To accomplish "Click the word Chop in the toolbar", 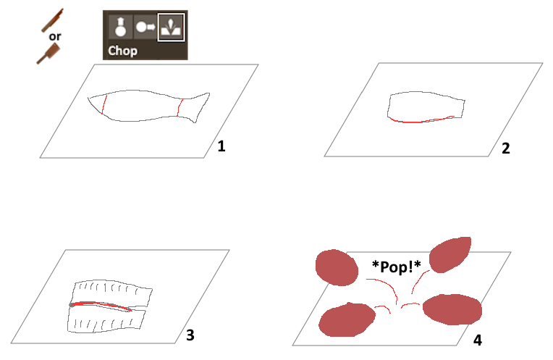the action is (122, 51).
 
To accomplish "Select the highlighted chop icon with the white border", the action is (171, 28).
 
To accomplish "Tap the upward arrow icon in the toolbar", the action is (121, 27).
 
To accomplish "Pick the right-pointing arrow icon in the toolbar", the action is (145, 27).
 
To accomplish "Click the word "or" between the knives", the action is (55, 36).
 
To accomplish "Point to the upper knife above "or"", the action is (52, 20).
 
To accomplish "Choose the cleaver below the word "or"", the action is (48, 54).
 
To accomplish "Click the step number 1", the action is (221, 146).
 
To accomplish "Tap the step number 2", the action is (506, 148).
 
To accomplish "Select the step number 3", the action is (190, 335).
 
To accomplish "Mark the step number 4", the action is (478, 340).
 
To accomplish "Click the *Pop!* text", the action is (397, 267).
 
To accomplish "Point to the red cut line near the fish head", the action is (104, 104).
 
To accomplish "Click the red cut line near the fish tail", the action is (180, 108).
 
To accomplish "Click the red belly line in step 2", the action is (421, 120).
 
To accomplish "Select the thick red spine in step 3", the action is (101, 306).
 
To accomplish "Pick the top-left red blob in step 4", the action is (337, 267).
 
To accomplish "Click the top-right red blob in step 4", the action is (450, 254).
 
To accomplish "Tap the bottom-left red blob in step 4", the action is (347, 319).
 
